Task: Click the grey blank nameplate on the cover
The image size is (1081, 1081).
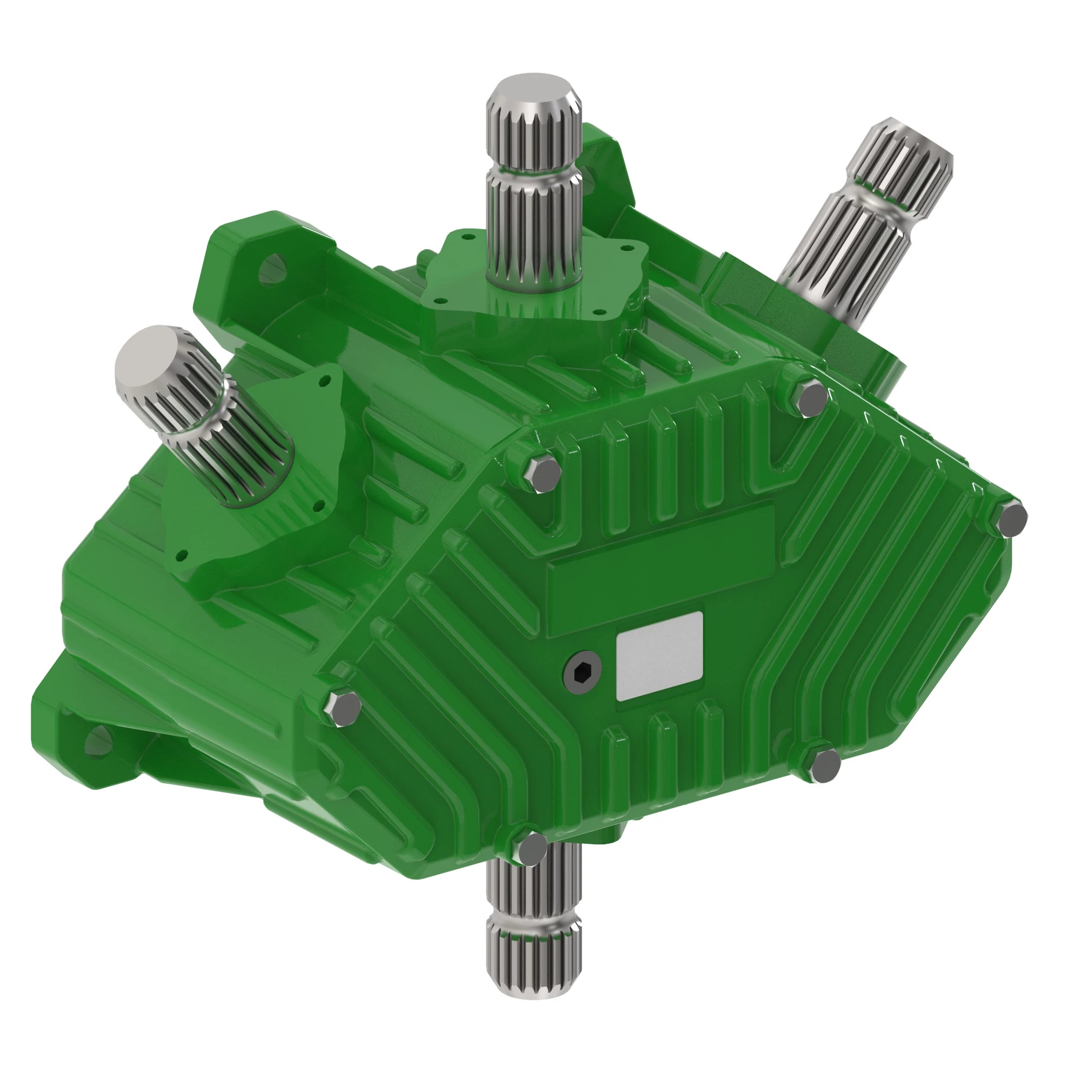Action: tap(658, 656)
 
